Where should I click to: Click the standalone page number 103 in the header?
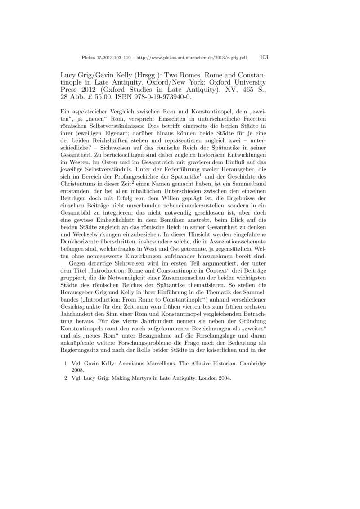pos(264,57)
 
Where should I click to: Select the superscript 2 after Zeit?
pos(120,183)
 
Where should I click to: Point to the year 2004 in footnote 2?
pos(223,378)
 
